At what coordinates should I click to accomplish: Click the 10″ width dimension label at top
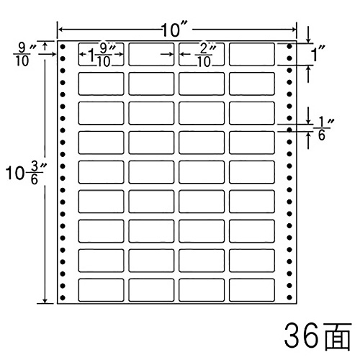[174, 30]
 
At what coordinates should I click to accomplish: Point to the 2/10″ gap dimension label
[204, 55]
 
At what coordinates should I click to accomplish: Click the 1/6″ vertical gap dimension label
[322, 130]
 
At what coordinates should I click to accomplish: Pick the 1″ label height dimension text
[318, 54]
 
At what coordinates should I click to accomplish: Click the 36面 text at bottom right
[318, 336]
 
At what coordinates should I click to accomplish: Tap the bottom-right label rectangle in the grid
[252, 289]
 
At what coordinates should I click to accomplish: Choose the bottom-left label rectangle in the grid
[101, 289]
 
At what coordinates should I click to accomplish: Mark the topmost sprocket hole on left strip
[63, 46]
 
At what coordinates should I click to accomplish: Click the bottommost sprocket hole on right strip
[289, 297]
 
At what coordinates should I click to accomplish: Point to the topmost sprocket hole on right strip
[289, 46]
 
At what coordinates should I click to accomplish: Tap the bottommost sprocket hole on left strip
[63, 298]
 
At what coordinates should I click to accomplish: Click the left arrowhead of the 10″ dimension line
[61, 30]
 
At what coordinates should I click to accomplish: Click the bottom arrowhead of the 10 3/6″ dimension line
[45, 301]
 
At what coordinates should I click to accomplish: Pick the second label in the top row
[151, 54]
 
